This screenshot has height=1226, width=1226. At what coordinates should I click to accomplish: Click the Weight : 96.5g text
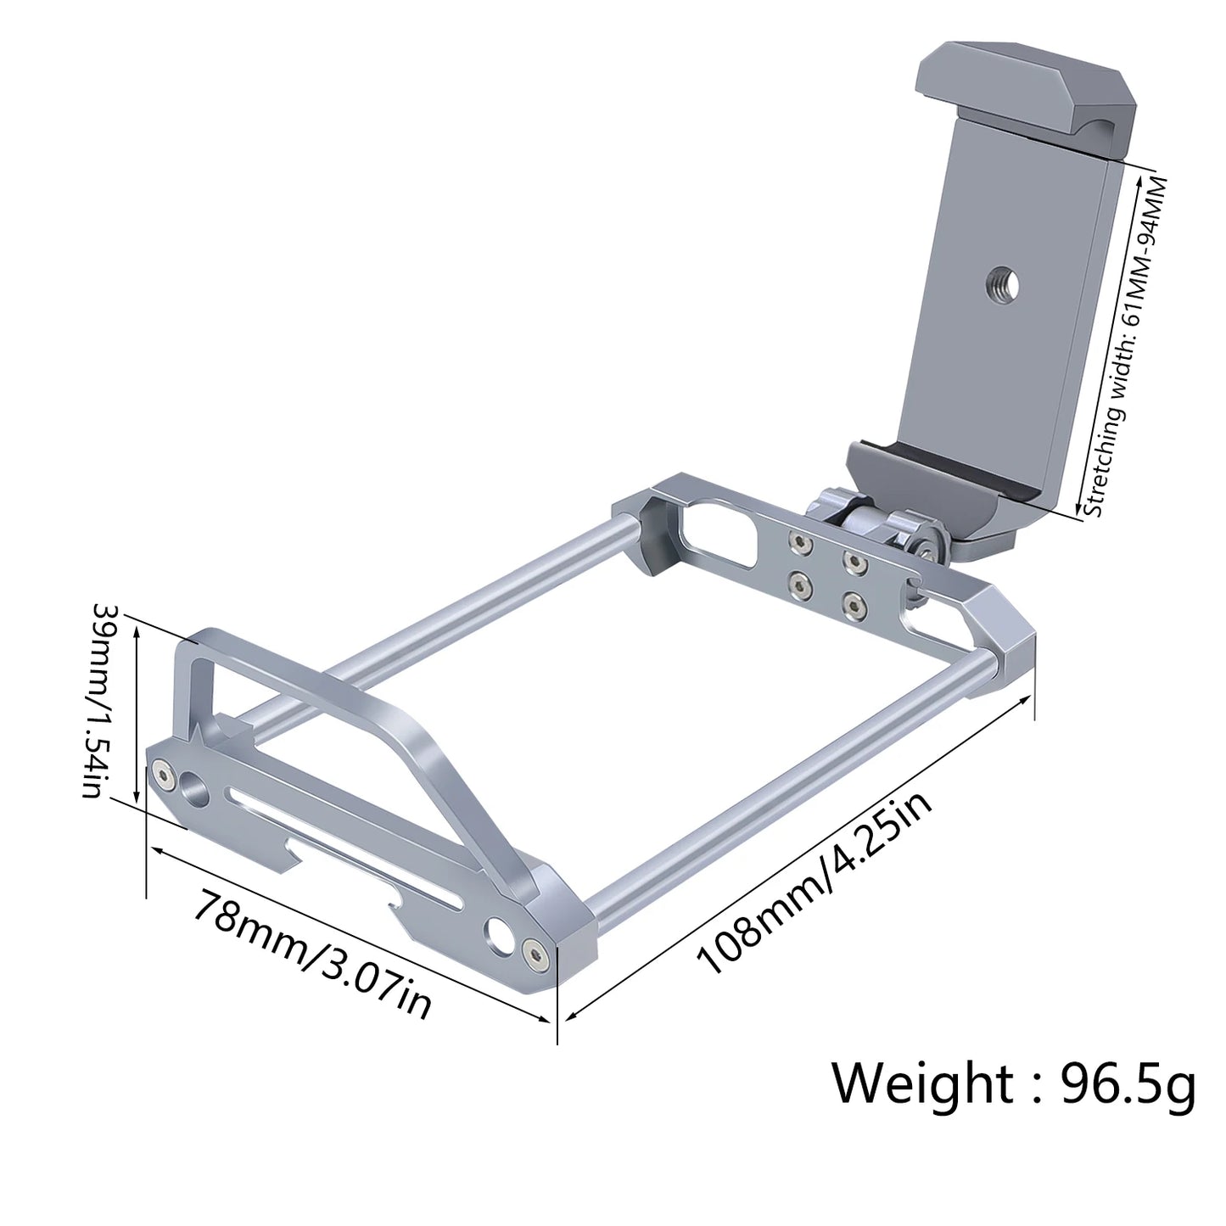[x=1013, y=1083]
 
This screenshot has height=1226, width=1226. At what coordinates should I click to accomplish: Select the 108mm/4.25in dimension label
[x=815, y=884]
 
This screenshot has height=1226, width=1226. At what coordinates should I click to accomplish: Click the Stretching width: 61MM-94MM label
[x=1127, y=348]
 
